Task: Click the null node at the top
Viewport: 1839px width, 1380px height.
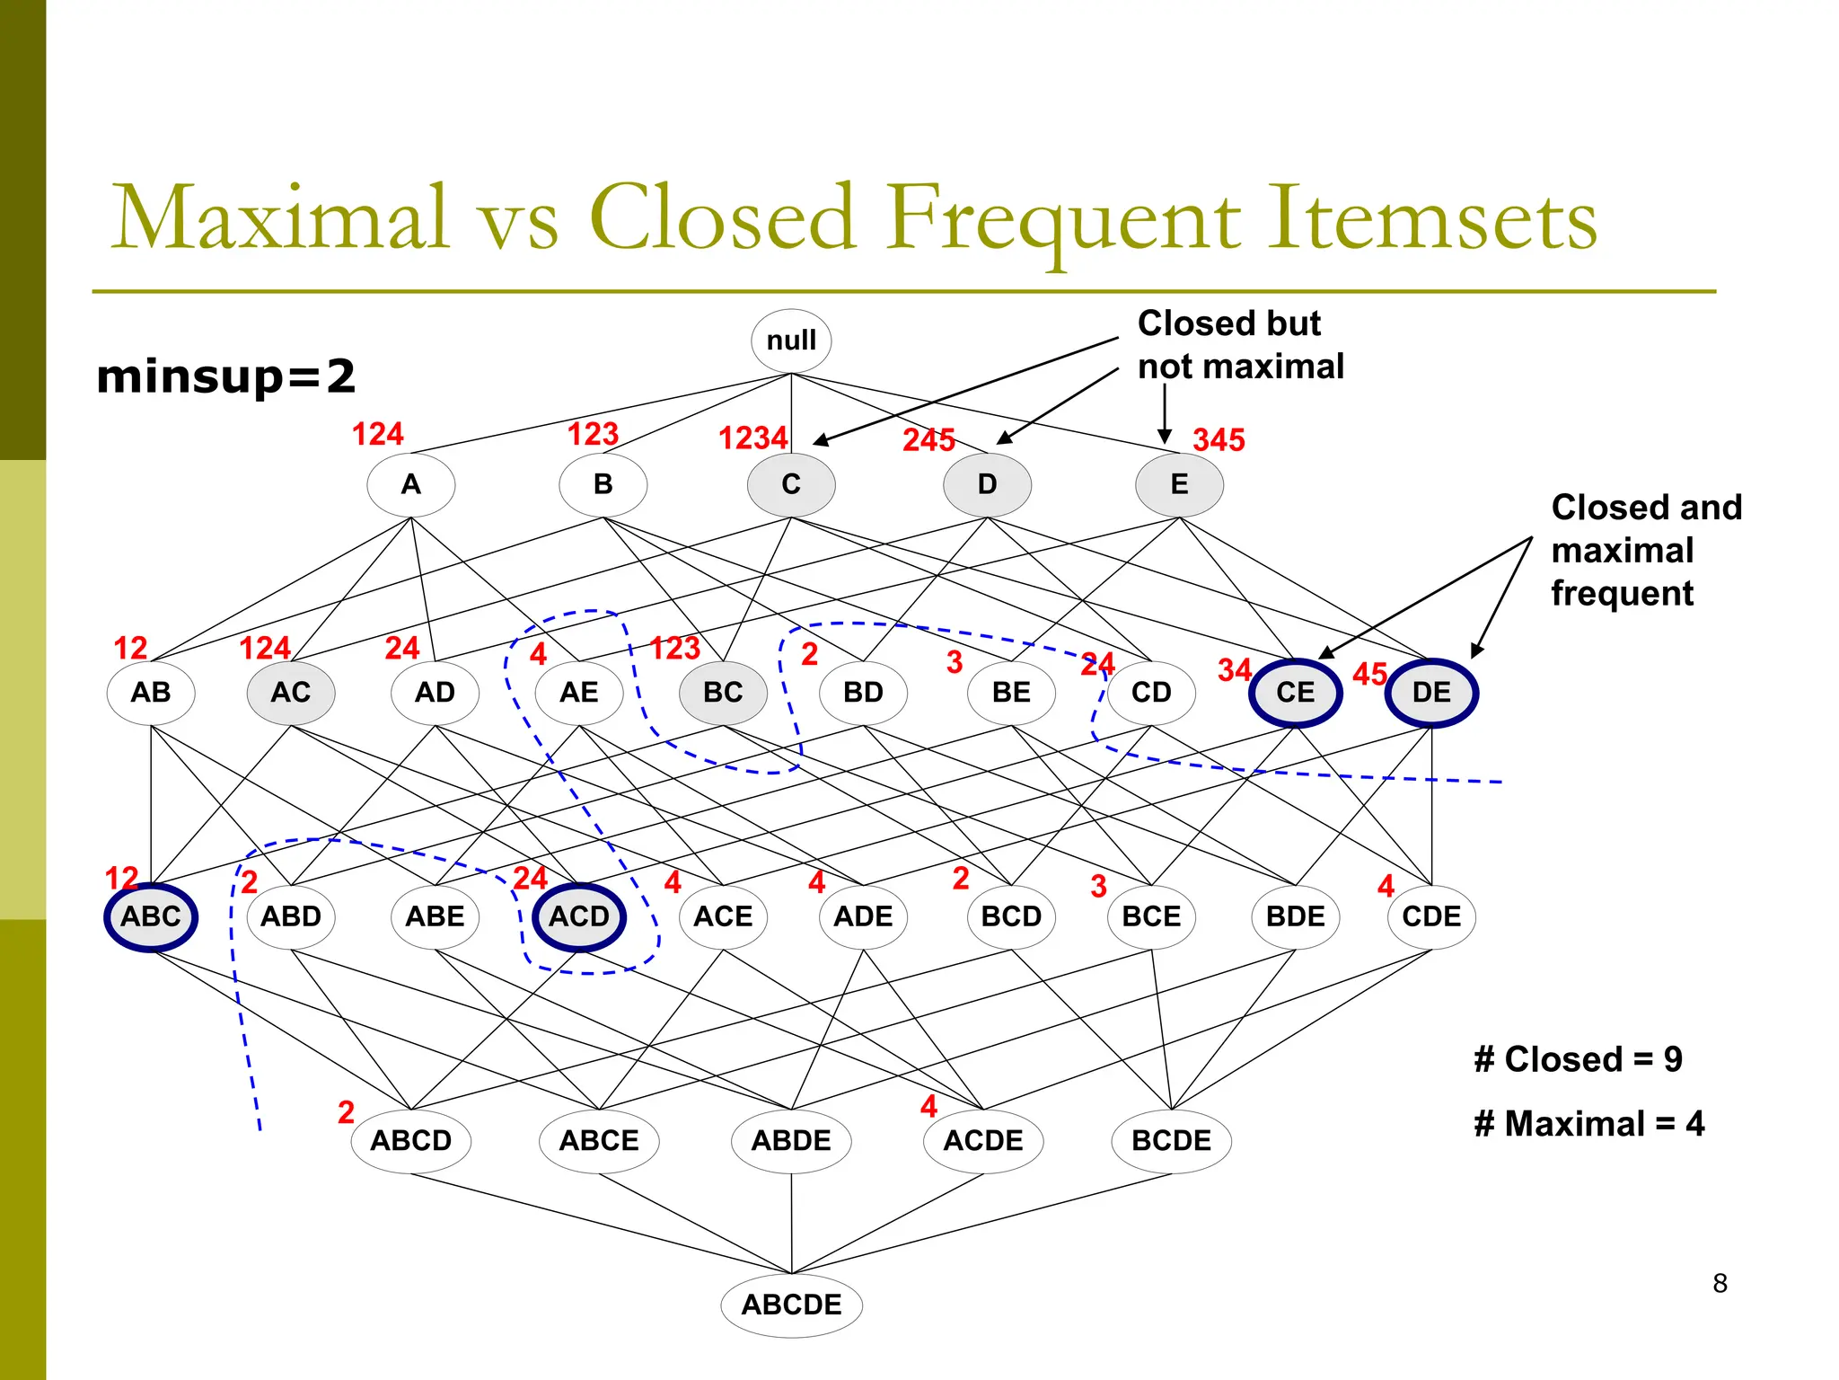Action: [x=791, y=341]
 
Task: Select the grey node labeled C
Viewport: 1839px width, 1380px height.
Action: [x=791, y=484]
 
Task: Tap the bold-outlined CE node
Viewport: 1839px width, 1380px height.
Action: [x=1295, y=693]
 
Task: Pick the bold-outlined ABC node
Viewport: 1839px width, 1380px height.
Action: [x=151, y=916]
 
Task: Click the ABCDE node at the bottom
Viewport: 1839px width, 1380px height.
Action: [x=791, y=1305]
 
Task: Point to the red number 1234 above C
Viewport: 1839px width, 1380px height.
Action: [x=752, y=438]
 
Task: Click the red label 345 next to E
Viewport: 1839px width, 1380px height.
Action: [x=1219, y=439]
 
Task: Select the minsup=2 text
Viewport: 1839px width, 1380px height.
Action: [x=225, y=376]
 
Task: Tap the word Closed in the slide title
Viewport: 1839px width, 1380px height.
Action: [x=722, y=218]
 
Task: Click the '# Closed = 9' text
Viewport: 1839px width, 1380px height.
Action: [x=1578, y=1059]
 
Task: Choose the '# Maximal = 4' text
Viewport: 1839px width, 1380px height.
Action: [x=1588, y=1124]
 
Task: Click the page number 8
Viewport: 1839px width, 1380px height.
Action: [x=1720, y=1283]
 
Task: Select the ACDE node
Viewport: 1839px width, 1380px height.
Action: [x=983, y=1140]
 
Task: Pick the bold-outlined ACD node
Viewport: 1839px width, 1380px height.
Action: [x=579, y=916]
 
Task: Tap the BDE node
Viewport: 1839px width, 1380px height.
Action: [x=1295, y=916]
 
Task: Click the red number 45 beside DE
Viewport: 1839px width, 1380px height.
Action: [x=1369, y=674]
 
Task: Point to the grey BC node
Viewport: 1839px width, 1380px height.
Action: [x=723, y=693]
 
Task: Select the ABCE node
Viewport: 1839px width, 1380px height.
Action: [x=599, y=1140]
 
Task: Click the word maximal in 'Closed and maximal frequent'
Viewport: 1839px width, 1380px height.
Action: [x=1622, y=550]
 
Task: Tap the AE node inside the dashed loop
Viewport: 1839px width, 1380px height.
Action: [x=579, y=693]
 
